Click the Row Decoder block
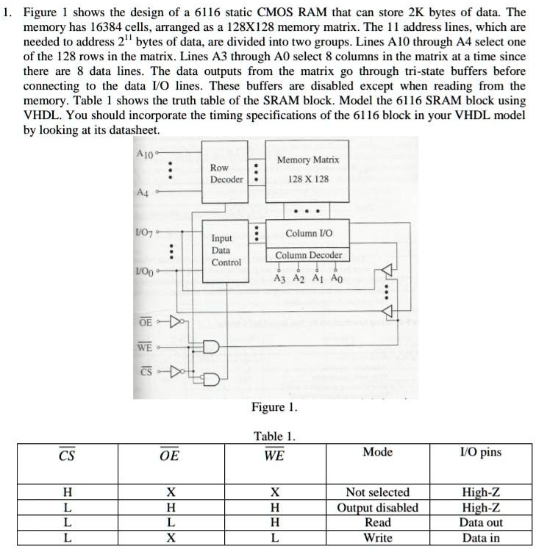[225, 172]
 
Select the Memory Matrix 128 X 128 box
[307, 171]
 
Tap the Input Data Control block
[226, 251]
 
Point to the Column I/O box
[308, 234]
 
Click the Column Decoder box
[308, 255]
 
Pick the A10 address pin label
[145, 154]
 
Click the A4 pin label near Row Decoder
[143, 193]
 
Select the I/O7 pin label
[144, 232]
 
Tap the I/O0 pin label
[144, 271]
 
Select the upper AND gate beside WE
[211, 347]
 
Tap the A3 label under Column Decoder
[279, 279]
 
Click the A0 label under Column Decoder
[337, 279]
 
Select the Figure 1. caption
[274, 407]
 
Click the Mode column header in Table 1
[377, 452]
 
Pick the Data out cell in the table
[481, 523]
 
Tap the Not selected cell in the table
[378, 492]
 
